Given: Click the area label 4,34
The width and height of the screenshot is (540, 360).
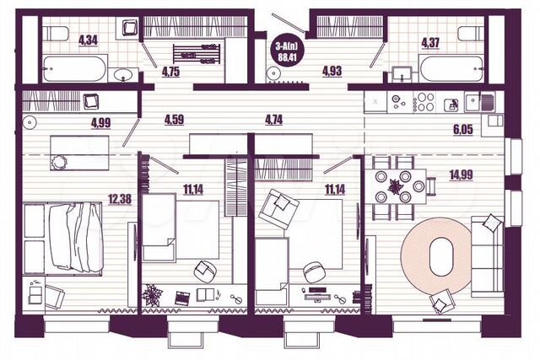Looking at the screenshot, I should (x=88, y=40).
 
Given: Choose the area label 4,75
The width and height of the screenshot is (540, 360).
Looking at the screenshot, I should (x=172, y=72).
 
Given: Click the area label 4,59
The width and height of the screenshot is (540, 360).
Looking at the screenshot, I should (x=175, y=120).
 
